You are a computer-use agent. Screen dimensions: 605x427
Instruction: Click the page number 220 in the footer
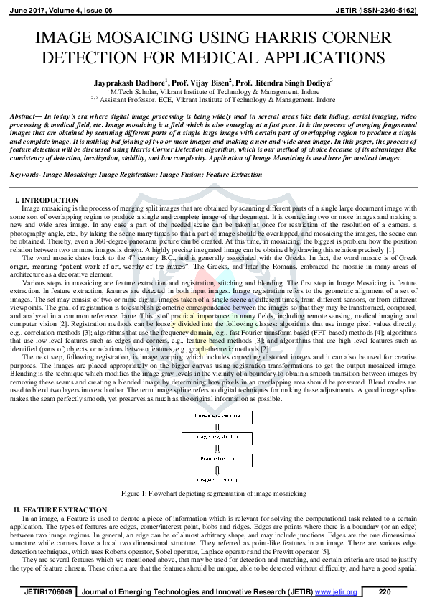pyautogui.click(x=384, y=591)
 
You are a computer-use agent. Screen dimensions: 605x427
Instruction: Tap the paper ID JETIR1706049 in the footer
pyautogui.click(x=48, y=591)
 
